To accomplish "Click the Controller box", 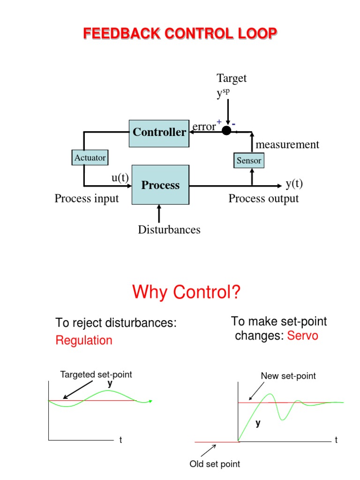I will pos(159,133).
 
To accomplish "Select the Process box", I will pos(160,185).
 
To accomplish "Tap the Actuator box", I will pos(90,157).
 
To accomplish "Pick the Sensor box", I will pos(248,161).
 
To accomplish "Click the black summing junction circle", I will pos(226,131).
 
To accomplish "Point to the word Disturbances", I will pos(169,230).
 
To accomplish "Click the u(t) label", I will pos(120,178).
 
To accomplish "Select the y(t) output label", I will pos(294,183).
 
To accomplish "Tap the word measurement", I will pos(287,144).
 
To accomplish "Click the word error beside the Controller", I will pos(204,126).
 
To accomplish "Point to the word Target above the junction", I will pos(231,78).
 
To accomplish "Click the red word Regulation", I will pos(84,340).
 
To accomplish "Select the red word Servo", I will pos(302,336).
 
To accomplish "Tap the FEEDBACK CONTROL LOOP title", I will pos(180,33).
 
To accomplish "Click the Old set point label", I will pos(215,464).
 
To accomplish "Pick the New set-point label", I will pos(288,376).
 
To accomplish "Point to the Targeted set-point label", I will pos(96,375).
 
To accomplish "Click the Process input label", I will pos(87,199).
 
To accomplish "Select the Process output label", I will pos(263,199).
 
